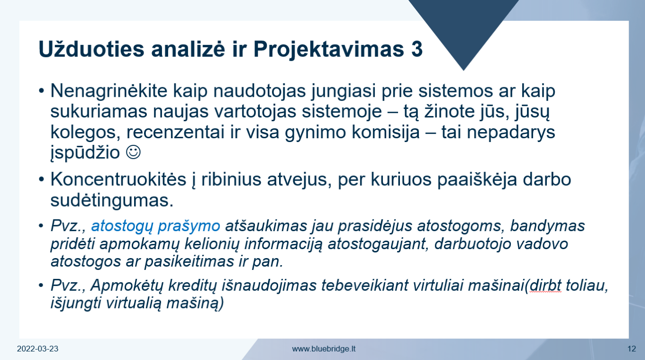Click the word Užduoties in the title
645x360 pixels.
pyautogui.click(x=91, y=49)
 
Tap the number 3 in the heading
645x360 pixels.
pyautogui.click(x=417, y=49)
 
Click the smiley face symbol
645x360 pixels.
pyautogui.click(x=133, y=152)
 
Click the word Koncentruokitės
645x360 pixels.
pyautogui.click(x=119, y=179)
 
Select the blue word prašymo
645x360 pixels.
pyautogui.click(x=189, y=226)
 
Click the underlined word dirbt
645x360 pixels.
pyautogui.click(x=546, y=285)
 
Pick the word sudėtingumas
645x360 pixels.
pyautogui.click(x=112, y=201)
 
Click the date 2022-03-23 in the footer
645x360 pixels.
pyautogui.click(x=37, y=349)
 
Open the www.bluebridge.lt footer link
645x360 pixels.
pyautogui.click(x=323, y=349)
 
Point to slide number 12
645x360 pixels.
pyautogui.click(x=631, y=349)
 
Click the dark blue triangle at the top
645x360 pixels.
pyautogui.click(x=464, y=26)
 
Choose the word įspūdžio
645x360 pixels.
pyautogui.click(x=85, y=153)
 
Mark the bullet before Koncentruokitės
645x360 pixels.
pyautogui.click(x=42, y=179)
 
